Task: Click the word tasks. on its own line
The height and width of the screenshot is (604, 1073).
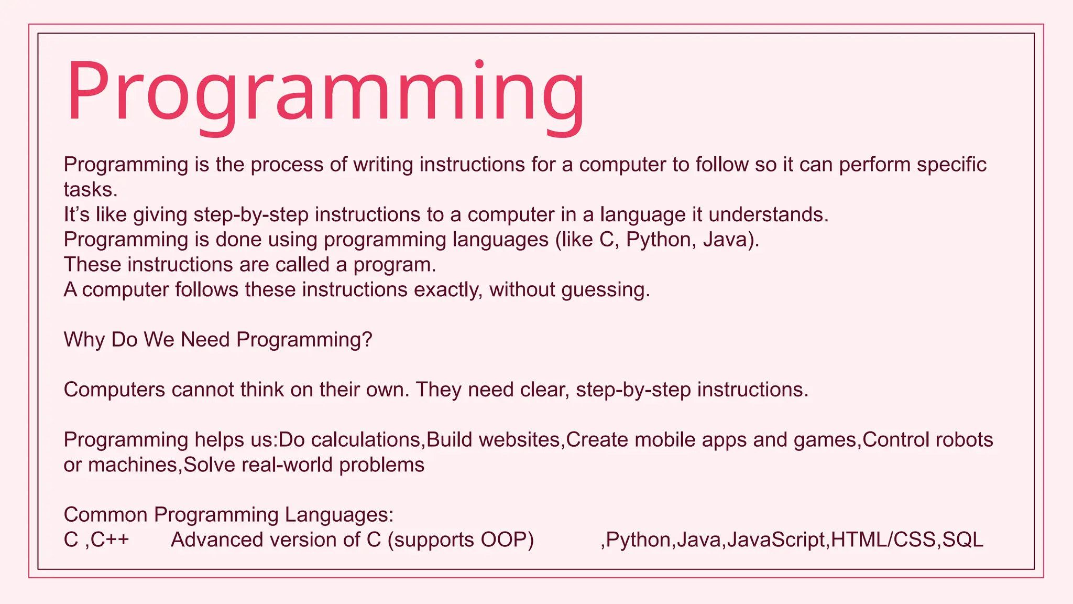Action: click(x=91, y=190)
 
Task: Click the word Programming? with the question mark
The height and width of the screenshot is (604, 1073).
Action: click(x=304, y=340)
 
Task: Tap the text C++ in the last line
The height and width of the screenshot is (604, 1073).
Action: click(x=110, y=540)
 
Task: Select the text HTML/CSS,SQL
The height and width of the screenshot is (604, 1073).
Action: click(x=907, y=540)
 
